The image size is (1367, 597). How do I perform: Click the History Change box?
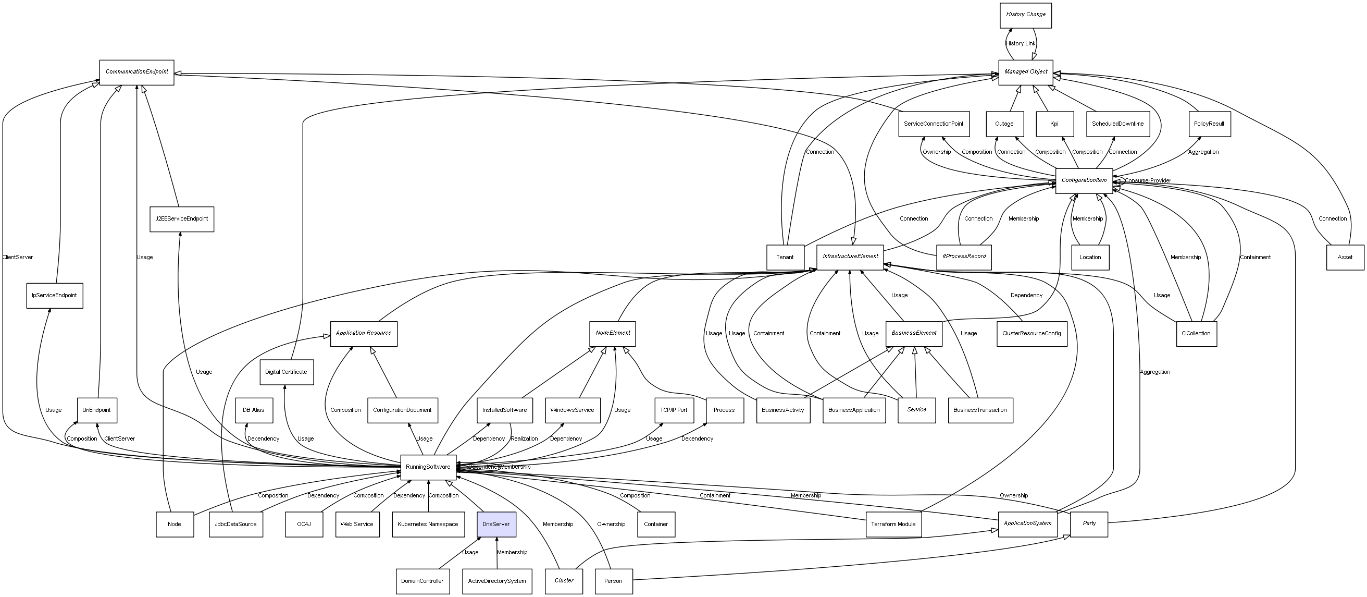(x=1025, y=15)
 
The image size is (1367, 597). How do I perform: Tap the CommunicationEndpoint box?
(x=136, y=72)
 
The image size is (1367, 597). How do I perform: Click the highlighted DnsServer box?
(x=495, y=524)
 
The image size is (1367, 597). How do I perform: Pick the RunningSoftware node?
(x=428, y=467)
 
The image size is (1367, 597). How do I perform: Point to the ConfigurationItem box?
(x=1084, y=180)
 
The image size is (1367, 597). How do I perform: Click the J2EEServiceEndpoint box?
(x=181, y=219)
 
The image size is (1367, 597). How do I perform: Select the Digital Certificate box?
(x=286, y=372)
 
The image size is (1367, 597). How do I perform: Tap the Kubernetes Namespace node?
(x=428, y=524)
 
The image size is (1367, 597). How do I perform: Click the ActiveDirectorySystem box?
(x=496, y=581)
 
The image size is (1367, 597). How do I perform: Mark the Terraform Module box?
(x=893, y=524)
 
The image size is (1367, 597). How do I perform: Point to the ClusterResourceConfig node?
(x=1031, y=334)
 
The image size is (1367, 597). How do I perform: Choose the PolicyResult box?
(x=1209, y=124)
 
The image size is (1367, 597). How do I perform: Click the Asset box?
(x=1345, y=257)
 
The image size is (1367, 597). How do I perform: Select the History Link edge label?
(x=1021, y=44)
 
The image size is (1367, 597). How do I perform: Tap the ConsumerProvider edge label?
(x=1147, y=180)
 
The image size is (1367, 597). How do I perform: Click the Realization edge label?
(x=524, y=438)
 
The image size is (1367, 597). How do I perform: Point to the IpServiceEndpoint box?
(x=54, y=295)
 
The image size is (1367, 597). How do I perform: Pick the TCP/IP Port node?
(x=674, y=410)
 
